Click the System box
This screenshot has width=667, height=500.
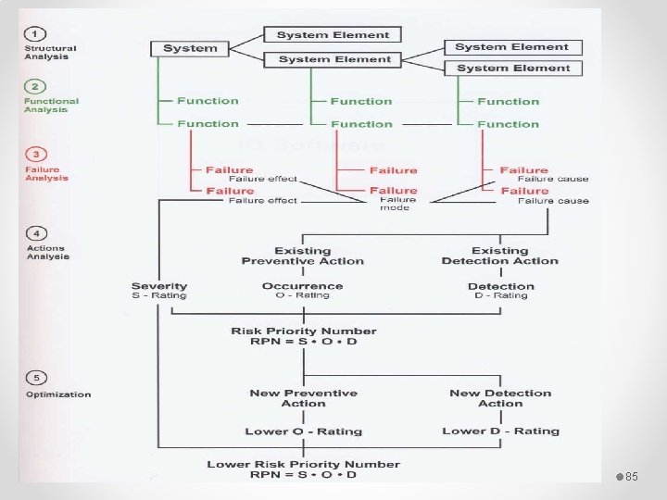point(190,48)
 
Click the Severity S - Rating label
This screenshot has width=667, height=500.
point(159,291)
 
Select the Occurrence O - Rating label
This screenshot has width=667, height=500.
point(302,291)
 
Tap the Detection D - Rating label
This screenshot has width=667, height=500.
point(501,291)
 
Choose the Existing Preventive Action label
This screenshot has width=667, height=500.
point(302,256)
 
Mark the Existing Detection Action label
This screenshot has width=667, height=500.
point(500,256)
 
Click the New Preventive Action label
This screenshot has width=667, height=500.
point(303,398)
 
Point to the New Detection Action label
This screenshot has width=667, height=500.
point(500,398)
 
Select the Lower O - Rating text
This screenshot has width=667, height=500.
point(303,431)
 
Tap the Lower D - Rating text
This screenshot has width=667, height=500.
point(500,431)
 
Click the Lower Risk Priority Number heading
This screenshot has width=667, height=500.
point(303,464)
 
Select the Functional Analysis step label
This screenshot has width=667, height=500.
point(51,106)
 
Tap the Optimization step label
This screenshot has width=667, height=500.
point(58,394)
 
